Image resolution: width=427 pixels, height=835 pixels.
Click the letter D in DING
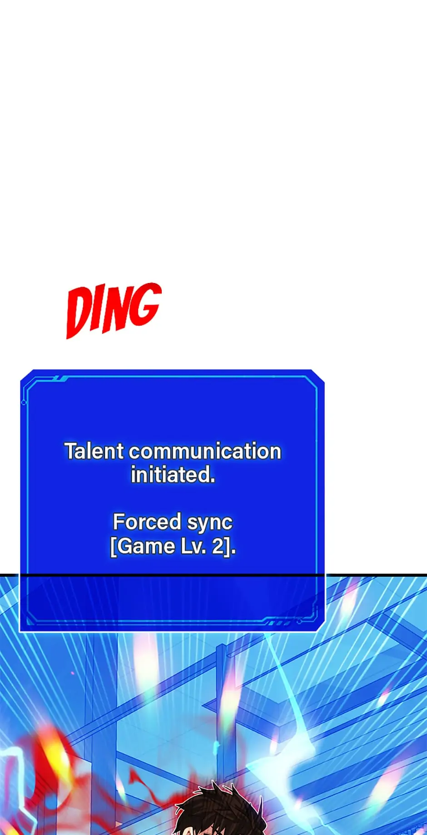[79, 313]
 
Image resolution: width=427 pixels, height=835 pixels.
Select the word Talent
[94, 451]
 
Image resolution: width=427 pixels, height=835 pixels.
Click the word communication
[205, 451]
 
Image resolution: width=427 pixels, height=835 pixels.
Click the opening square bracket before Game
[114, 547]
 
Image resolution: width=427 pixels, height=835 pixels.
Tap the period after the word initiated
[213, 481]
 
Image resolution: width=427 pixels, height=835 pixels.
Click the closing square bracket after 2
[228, 547]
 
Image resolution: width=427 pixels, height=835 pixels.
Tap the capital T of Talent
[72, 451]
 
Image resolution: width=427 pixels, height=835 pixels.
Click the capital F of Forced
[119, 522]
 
